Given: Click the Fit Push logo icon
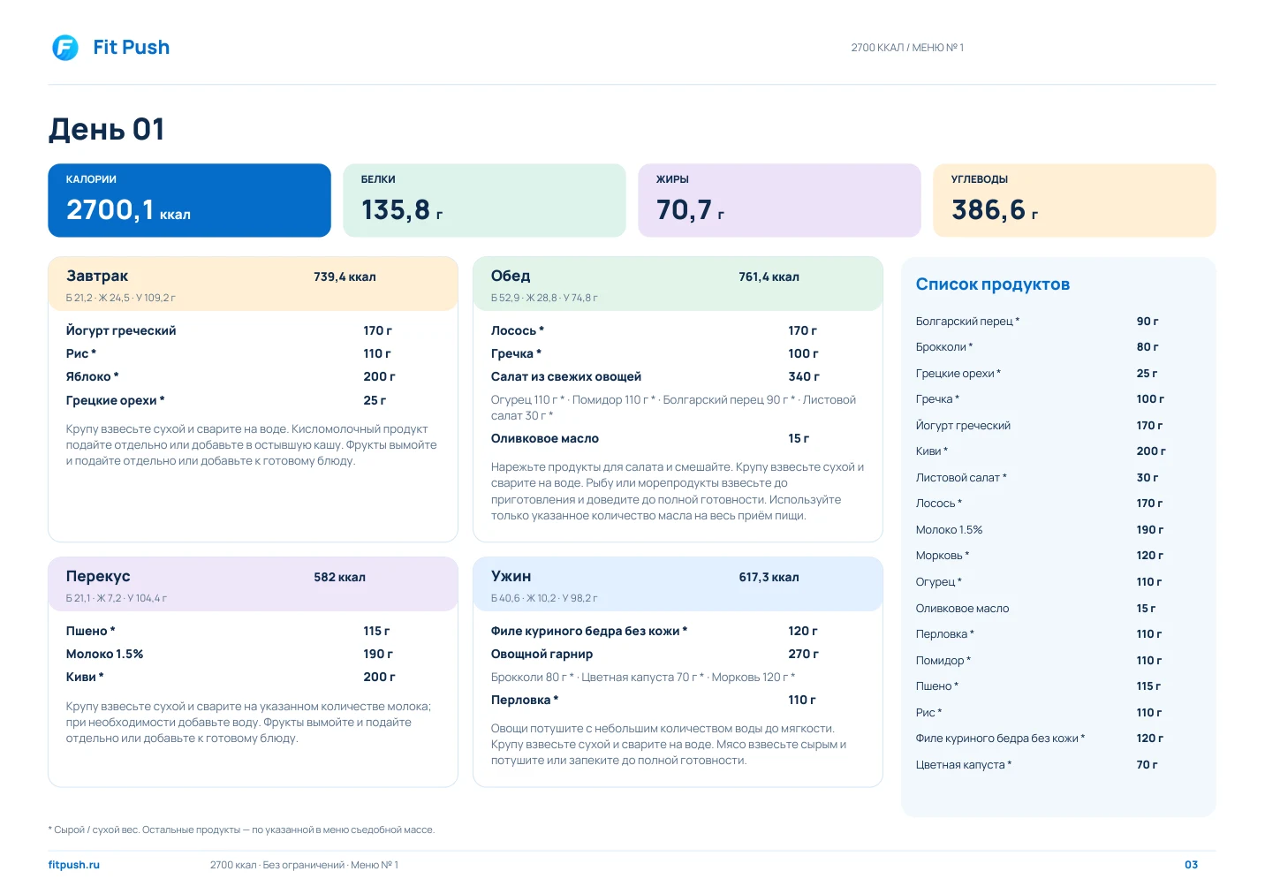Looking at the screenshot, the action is point(65,48).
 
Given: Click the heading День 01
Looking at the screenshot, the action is point(106,129).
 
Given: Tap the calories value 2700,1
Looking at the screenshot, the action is point(110,209).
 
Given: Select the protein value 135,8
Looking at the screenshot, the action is point(396,209).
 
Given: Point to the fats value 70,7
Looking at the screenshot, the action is point(684,209).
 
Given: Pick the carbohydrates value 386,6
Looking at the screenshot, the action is point(989,209).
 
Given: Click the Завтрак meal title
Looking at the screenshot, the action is point(97,276).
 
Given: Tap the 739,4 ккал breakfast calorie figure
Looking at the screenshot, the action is point(345,277).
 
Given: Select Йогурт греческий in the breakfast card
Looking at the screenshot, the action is point(121,330).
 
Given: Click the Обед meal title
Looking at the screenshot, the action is point(511,276).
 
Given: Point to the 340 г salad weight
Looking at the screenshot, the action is point(804,376).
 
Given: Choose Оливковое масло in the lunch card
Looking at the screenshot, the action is point(544,438).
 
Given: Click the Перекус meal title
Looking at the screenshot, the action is point(98,576).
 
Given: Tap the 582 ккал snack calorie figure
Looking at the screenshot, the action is point(339,577).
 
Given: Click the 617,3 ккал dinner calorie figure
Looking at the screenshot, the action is point(769,577).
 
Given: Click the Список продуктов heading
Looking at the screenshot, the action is point(992,284).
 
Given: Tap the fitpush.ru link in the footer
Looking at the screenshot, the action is point(74,865).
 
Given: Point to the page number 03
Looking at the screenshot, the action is point(1191,865).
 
